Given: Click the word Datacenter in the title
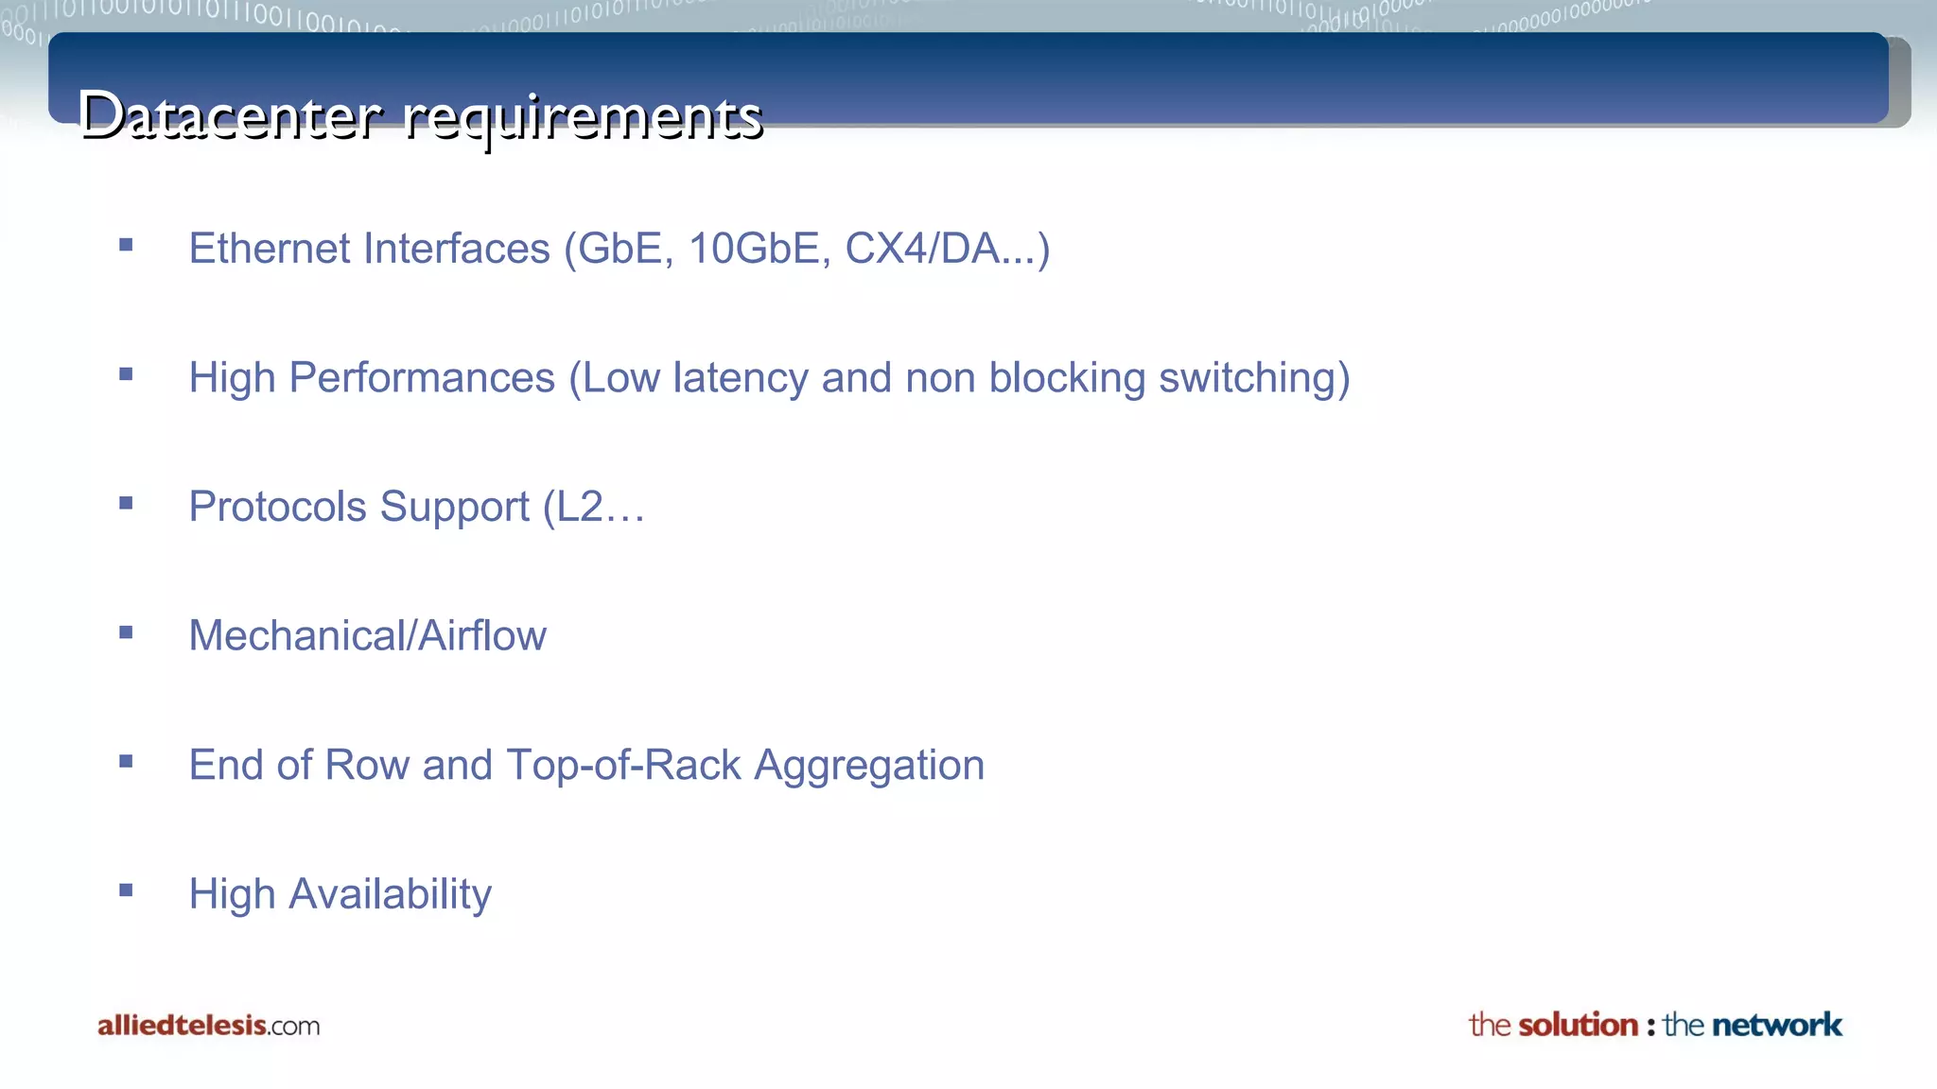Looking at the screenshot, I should pos(231,117).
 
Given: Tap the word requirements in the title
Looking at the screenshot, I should pos(583,119).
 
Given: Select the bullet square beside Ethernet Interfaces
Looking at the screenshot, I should pos(126,246).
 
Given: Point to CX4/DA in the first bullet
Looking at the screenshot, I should pos(922,249).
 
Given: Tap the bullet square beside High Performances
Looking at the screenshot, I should pos(126,374).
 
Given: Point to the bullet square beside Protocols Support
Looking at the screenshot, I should pos(126,504).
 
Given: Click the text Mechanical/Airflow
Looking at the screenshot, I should pos(367,636).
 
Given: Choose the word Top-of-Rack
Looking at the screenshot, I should pos(623,765).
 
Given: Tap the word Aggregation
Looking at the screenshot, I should pos(869,766).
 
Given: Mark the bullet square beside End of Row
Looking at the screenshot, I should pos(126,761).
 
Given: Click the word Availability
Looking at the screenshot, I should pos(390,894).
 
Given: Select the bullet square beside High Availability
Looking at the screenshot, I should pos(126,890).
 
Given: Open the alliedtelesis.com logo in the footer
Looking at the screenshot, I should pos(208,1026).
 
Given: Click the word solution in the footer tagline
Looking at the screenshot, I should pos(1578,1025).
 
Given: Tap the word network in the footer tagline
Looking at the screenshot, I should pos(1776,1025).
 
